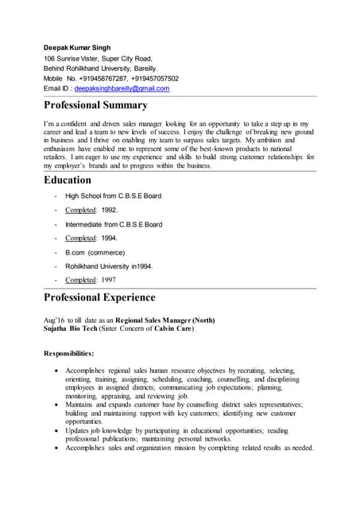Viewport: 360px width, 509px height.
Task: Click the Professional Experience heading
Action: pos(99,297)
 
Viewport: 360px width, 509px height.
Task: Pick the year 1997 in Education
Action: pos(107,280)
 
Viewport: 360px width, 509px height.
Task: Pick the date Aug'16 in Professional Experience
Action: pos(53,320)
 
